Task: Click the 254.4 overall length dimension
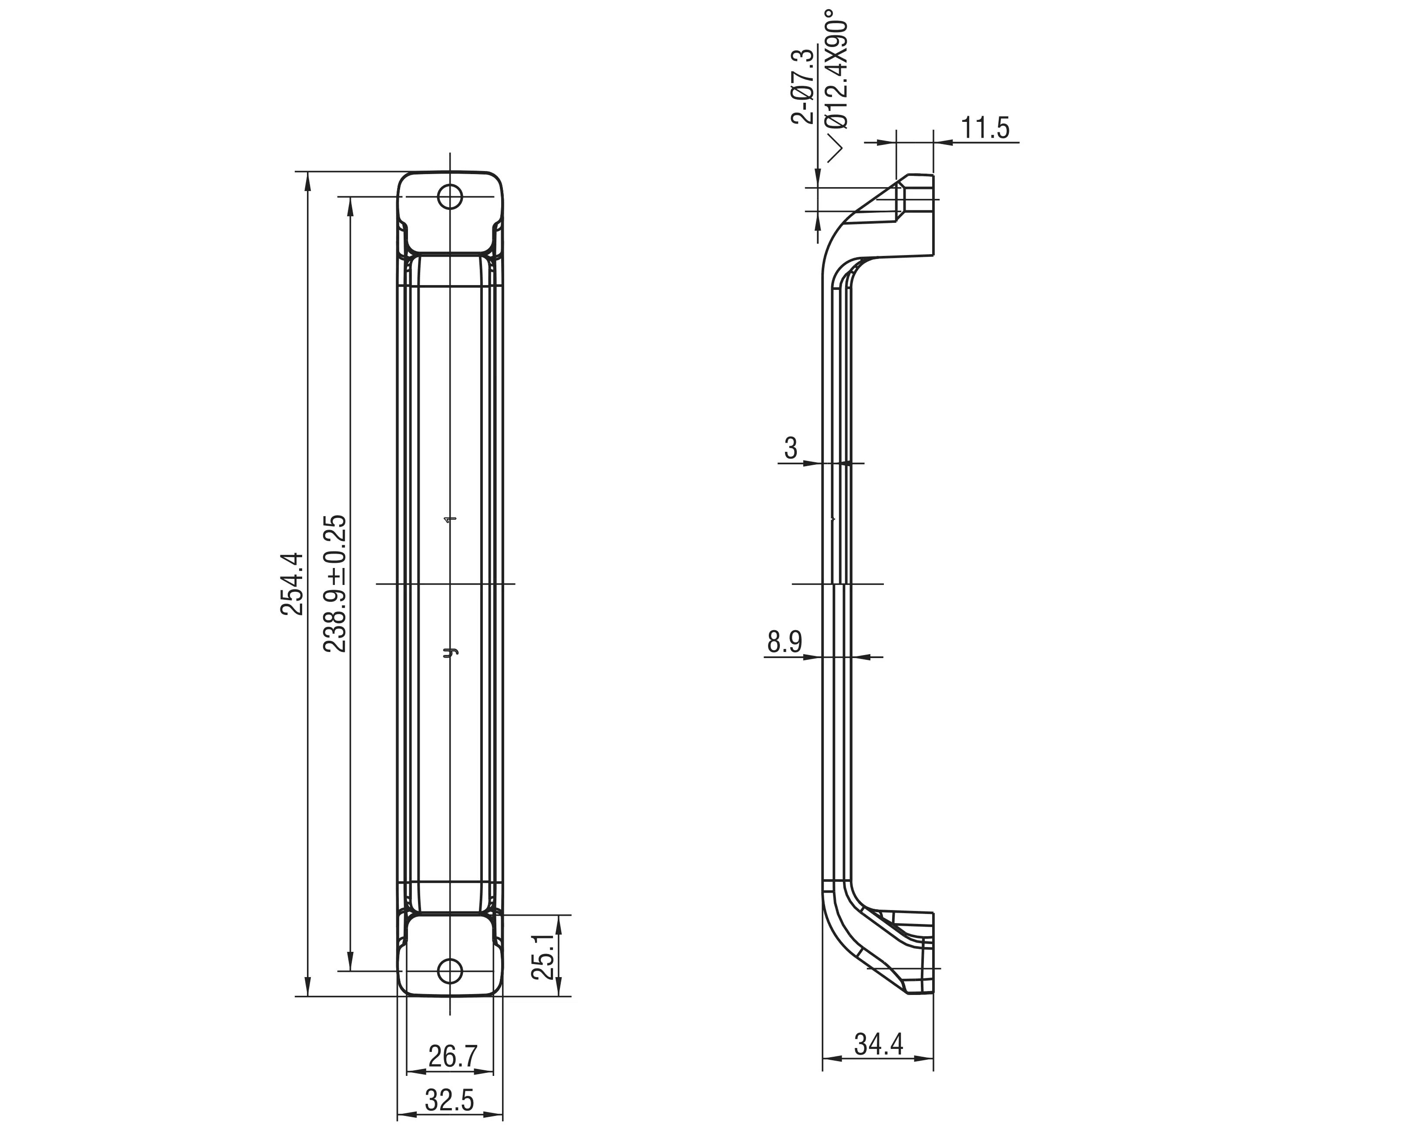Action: (292, 584)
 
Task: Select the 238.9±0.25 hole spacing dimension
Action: (335, 584)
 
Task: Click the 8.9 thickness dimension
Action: (784, 642)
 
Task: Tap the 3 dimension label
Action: (791, 448)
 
